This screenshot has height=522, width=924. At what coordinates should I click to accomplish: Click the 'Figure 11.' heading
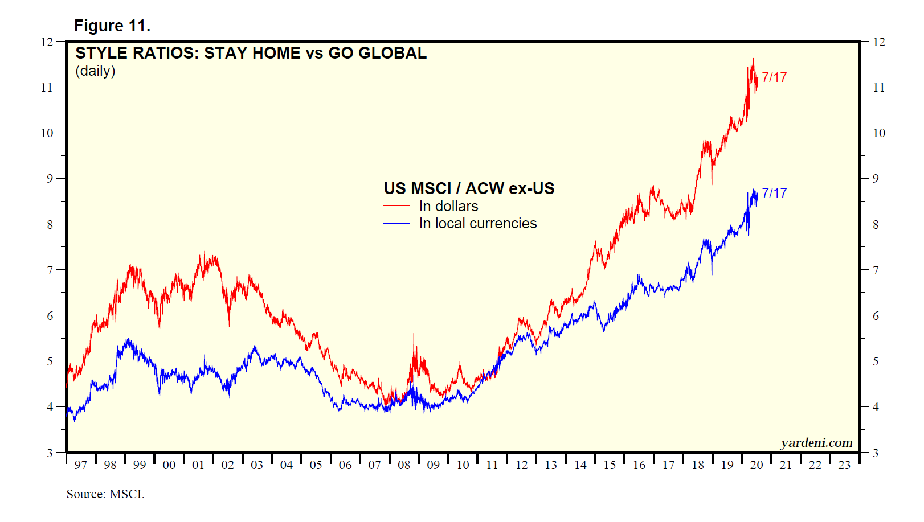pyautogui.click(x=112, y=26)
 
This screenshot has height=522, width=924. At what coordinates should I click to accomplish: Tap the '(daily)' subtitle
pyautogui.click(x=95, y=71)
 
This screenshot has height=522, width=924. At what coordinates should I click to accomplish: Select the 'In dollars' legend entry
pyautogui.click(x=448, y=206)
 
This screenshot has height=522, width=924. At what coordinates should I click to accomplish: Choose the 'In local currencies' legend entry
pyautogui.click(x=477, y=224)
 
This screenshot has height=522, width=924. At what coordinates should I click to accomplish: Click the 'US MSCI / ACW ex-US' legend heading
pyautogui.click(x=469, y=188)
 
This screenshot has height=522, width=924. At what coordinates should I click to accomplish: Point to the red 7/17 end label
pyautogui.click(x=774, y=77)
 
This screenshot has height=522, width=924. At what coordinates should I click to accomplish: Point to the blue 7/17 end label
pyautogui.click(x=774, y=193)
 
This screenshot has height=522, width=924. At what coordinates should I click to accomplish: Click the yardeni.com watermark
pyautogui.click(x=816, y=443)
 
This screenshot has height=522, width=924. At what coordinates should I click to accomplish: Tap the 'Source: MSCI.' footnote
pyautogui.click(x=105, y=494)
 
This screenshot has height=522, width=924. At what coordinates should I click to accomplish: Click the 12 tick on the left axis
pyautogui.click(x=47, y=42)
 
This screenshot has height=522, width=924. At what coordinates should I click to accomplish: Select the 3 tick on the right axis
pyautogui.click(x=876, y=453)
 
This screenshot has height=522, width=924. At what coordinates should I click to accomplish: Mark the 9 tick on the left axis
pyautogui.click(x=50, y=179)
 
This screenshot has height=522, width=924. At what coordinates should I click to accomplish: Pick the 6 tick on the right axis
pyautogui.click(x=876, y=316)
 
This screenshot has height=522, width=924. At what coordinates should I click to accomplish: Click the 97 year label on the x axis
pyautogui.click(x=81, y=465)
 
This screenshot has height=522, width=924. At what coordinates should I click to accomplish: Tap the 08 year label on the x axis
pyautogui.click(x=404, y=465)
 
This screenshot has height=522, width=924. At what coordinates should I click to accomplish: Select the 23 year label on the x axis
pyautogui.click(x=844, y=465)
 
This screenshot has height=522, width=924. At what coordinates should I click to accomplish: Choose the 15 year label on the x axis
pyautogui.click(x=610, y=465)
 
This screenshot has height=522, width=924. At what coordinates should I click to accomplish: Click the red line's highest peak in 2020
pyautogui.click(x=753, y=59)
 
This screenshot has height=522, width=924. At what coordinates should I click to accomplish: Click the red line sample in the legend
pyautogui.click(x=396, y=206)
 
